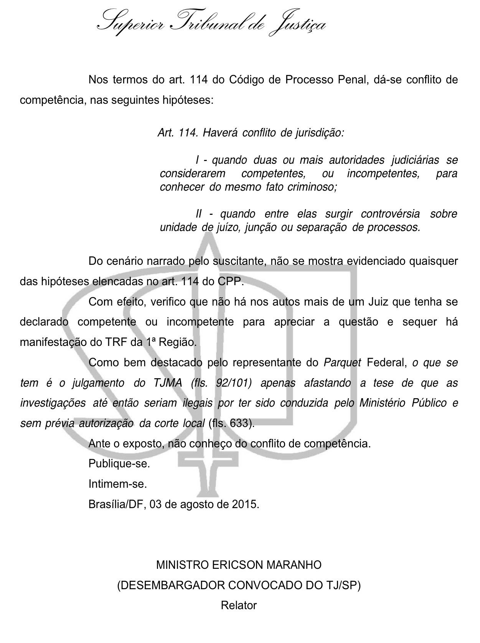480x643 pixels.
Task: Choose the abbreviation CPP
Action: click(x=230, y=281)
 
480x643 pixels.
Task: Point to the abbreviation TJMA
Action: click(x=168, y=383)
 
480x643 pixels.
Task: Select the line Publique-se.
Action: click(x=119, y=464)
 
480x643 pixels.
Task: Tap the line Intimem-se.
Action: click(x=118, y=484)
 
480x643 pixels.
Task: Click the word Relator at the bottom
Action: click(x=239, y=606)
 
